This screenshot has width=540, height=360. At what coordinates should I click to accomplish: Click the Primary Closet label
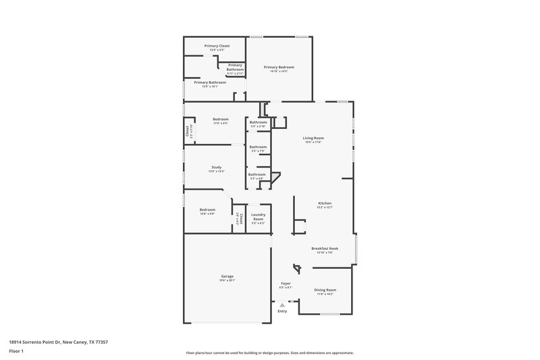217,46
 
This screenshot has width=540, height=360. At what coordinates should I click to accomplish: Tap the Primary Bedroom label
279,67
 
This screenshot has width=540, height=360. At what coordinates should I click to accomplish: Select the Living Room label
313,138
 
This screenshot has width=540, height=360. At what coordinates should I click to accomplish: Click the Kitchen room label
325,203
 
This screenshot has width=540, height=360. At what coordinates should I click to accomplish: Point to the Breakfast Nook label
325,249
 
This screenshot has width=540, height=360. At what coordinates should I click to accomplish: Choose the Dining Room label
325,290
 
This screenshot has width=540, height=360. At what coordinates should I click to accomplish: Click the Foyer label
286,283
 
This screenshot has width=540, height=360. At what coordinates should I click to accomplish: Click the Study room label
216,168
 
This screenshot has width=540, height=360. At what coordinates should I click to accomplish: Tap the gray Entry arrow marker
282,305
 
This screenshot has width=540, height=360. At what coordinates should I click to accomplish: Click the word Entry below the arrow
282,311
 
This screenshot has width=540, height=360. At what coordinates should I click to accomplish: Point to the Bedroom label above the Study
221,120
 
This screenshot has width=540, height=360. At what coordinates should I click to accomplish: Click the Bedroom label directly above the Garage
207,210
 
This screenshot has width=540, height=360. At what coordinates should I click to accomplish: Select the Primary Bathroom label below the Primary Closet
210,82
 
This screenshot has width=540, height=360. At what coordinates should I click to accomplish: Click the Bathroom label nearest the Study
256,175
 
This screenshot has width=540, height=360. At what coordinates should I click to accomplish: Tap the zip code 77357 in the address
101,342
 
